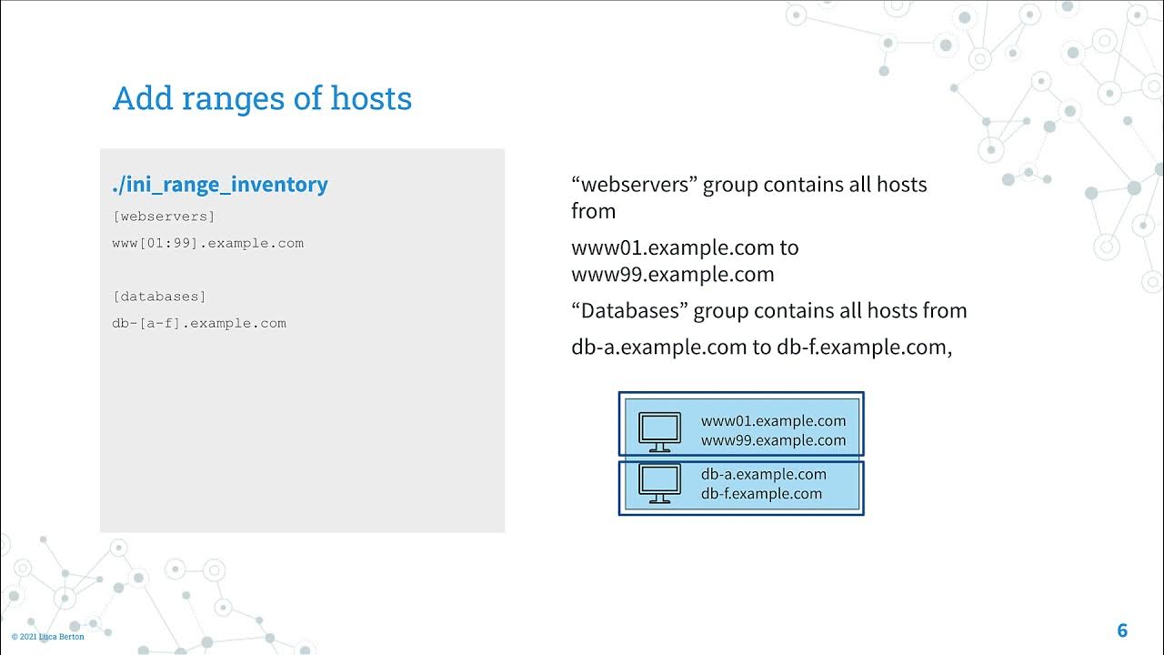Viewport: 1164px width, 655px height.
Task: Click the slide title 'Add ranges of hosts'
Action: (x=262, y=98)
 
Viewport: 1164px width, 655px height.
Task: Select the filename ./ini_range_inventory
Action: (x=219, y=185)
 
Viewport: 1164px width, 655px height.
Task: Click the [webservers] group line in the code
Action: (x=164, y=217)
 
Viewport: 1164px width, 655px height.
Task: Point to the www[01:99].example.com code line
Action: (x=207, y=243)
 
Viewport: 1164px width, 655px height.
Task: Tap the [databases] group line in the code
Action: (x=159, y=297)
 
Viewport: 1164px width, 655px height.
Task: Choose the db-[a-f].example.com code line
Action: (x=198, y=323)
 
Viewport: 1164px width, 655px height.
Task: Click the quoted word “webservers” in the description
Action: (x=634, y=185)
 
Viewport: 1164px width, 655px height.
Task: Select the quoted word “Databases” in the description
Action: (x=629, y=311)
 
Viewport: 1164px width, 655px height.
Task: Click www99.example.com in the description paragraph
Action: (x=672, y=275)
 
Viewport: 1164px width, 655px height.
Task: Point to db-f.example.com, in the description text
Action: (x=863, y=348)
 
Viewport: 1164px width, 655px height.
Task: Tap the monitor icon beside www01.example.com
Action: (x=659, y=432)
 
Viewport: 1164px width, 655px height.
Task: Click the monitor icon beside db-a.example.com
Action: (x=659, y=484)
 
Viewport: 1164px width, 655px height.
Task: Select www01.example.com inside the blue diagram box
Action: (x=773, y=421)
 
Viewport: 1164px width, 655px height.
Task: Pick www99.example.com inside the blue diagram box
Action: (x=773, y=441)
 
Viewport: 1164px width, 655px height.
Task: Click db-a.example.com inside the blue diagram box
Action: (x=763, y=474)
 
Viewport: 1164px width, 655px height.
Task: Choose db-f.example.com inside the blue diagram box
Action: (x=761, y=494)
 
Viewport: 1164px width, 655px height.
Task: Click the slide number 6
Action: (x=1122, y=630)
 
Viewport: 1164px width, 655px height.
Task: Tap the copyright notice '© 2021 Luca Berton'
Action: (x=47, y=637)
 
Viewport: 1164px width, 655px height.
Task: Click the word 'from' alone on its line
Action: (x=593, y=211)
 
